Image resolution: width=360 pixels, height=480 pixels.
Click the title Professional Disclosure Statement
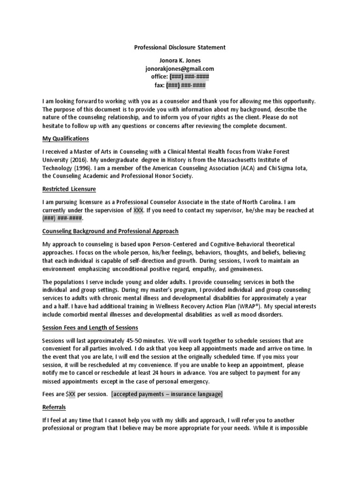pos(180,47)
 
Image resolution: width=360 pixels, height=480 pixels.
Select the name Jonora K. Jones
pos(180,61)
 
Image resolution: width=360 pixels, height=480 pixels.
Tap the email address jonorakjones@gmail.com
pos(180,69)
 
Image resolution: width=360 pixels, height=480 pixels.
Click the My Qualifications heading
pos(66,139)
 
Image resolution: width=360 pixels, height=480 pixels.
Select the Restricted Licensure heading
pos(69,189)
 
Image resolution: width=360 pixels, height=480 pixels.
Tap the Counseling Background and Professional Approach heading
pos(110,232)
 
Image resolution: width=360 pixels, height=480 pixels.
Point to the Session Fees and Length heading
pos(90,327)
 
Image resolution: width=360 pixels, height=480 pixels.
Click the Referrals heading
pos(54,407)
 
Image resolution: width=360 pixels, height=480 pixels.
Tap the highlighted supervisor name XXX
pos(138,210)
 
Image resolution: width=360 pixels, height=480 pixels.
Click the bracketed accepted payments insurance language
pos(167,394)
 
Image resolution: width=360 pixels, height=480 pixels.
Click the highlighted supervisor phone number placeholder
pos(63,218)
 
